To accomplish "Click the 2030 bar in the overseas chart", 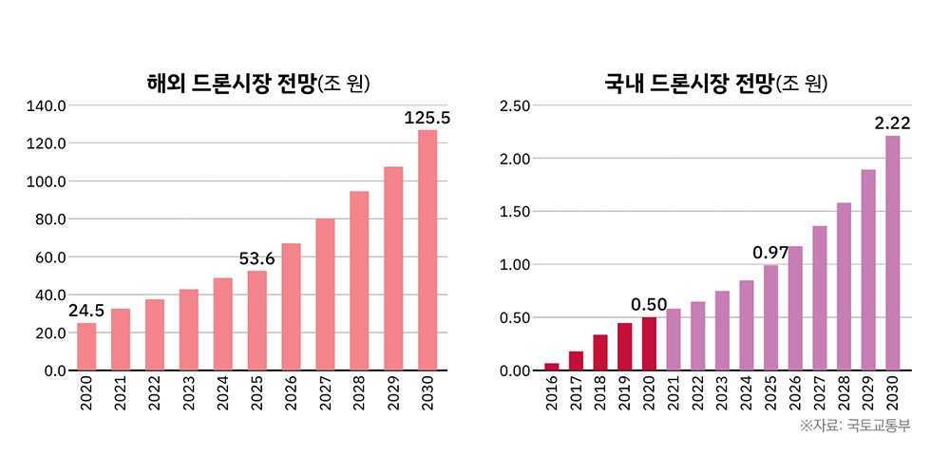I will (427, 250).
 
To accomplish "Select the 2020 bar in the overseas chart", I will (86, 347).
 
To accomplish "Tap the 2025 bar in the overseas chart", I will (257, 320).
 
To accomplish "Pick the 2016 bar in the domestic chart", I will (552, 367).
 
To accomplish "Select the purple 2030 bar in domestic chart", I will (893, 253).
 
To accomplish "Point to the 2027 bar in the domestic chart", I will (820, 298).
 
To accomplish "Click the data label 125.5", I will (427, 118).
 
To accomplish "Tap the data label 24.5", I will (86, 311).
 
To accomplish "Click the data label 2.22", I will (893, 123).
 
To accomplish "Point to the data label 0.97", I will (771, 253).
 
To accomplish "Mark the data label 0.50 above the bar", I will (649, 304).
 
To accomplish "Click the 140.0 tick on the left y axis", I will (46, 105).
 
